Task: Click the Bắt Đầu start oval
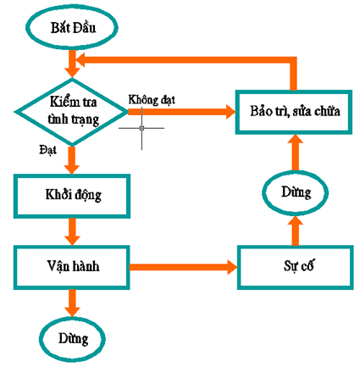tap(72, 27)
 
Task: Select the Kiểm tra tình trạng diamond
tap(72, 112)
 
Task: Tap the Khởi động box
tap(72, 196)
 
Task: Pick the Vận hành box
tap(72, 267)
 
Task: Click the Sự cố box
tap(296, 267)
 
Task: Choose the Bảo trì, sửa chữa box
tap(294, 112)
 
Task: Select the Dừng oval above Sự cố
tap(296, 193)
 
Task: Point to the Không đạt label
tap(152, 100)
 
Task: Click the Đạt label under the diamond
tap(47, 150)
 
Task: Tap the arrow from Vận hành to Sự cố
tap(183, 267)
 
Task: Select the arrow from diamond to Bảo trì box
tap(181, 112)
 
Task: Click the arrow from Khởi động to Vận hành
tap(72, 231)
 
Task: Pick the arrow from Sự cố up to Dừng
tap(296, 231)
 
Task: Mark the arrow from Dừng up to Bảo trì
tap(296, 153)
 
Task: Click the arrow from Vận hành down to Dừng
tap(72, 303)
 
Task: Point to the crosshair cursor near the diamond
tap(141, 128)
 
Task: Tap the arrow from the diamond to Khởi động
tap(72, 160)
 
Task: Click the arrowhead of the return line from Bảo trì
tap(80, 60)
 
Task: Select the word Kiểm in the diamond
tap(62, 101)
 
